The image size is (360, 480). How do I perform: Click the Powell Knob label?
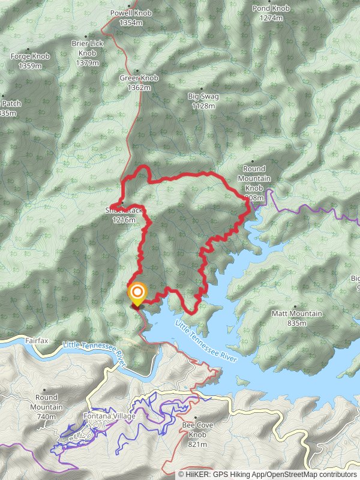coord(131,13)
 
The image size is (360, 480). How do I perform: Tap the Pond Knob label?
coord(271,8)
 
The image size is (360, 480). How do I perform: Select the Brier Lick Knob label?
coord(88,48)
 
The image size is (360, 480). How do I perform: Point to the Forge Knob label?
coord(30,56)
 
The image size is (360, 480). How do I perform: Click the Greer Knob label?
coord(139,78)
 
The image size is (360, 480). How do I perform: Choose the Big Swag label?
coord(203,97)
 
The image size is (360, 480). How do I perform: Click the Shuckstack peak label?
coord(123,211)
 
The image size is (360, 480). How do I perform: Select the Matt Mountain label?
coord(297,314)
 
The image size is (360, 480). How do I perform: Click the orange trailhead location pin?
coord(137,293)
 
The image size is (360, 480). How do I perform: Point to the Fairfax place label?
coord(37,340)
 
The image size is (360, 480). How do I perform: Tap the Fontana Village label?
coord(109,416)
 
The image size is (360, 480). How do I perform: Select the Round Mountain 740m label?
coord(46,402)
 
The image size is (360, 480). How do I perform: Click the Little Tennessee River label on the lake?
coord(206,341)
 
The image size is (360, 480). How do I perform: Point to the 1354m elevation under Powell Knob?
coord(131,23)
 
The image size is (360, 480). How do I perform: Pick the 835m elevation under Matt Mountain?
coord(297,323)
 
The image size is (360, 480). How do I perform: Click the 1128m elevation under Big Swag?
coord(203,106)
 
